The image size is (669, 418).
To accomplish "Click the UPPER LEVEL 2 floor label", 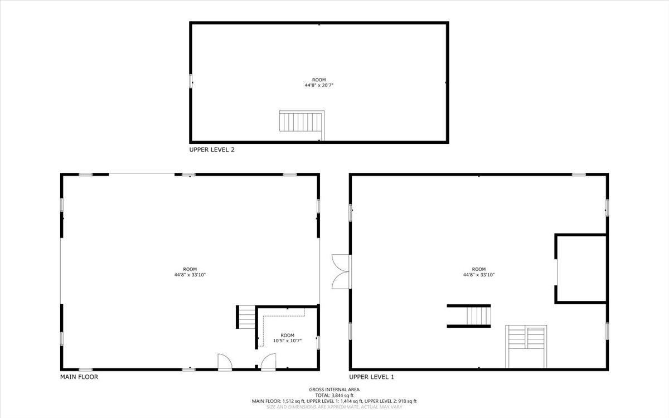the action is (212, 149).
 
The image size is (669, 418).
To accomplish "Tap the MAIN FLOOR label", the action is (79, 377).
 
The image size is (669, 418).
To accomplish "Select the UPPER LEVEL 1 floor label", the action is (371, 377).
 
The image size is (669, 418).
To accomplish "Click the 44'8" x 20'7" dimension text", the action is (319, 85).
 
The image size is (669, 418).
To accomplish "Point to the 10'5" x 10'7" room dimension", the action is (287, 341).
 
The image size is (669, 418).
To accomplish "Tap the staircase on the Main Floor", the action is (246, 317).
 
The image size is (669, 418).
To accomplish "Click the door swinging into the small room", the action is (269, 362).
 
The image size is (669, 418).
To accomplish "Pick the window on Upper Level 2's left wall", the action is (191, 81).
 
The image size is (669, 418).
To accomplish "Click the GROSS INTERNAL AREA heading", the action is (334, 390).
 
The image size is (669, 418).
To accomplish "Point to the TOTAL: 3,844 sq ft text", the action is (334, 395).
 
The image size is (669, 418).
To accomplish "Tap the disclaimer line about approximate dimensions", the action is (334, 407).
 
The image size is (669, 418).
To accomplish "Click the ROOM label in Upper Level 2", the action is (319, 80).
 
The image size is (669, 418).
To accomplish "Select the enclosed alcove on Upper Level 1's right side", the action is (581, 269).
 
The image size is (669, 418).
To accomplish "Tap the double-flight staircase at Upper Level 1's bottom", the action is (526, 346).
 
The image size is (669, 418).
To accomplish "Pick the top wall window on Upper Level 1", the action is (579, 174).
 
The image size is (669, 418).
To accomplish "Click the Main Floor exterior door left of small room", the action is (225, 362).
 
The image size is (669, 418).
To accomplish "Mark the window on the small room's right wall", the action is (318, 343).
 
